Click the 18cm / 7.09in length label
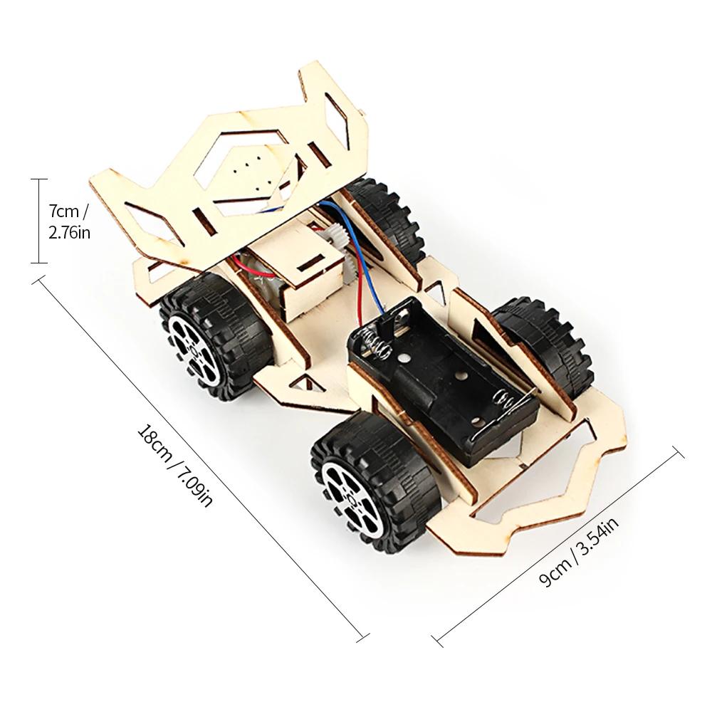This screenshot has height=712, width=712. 175,466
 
